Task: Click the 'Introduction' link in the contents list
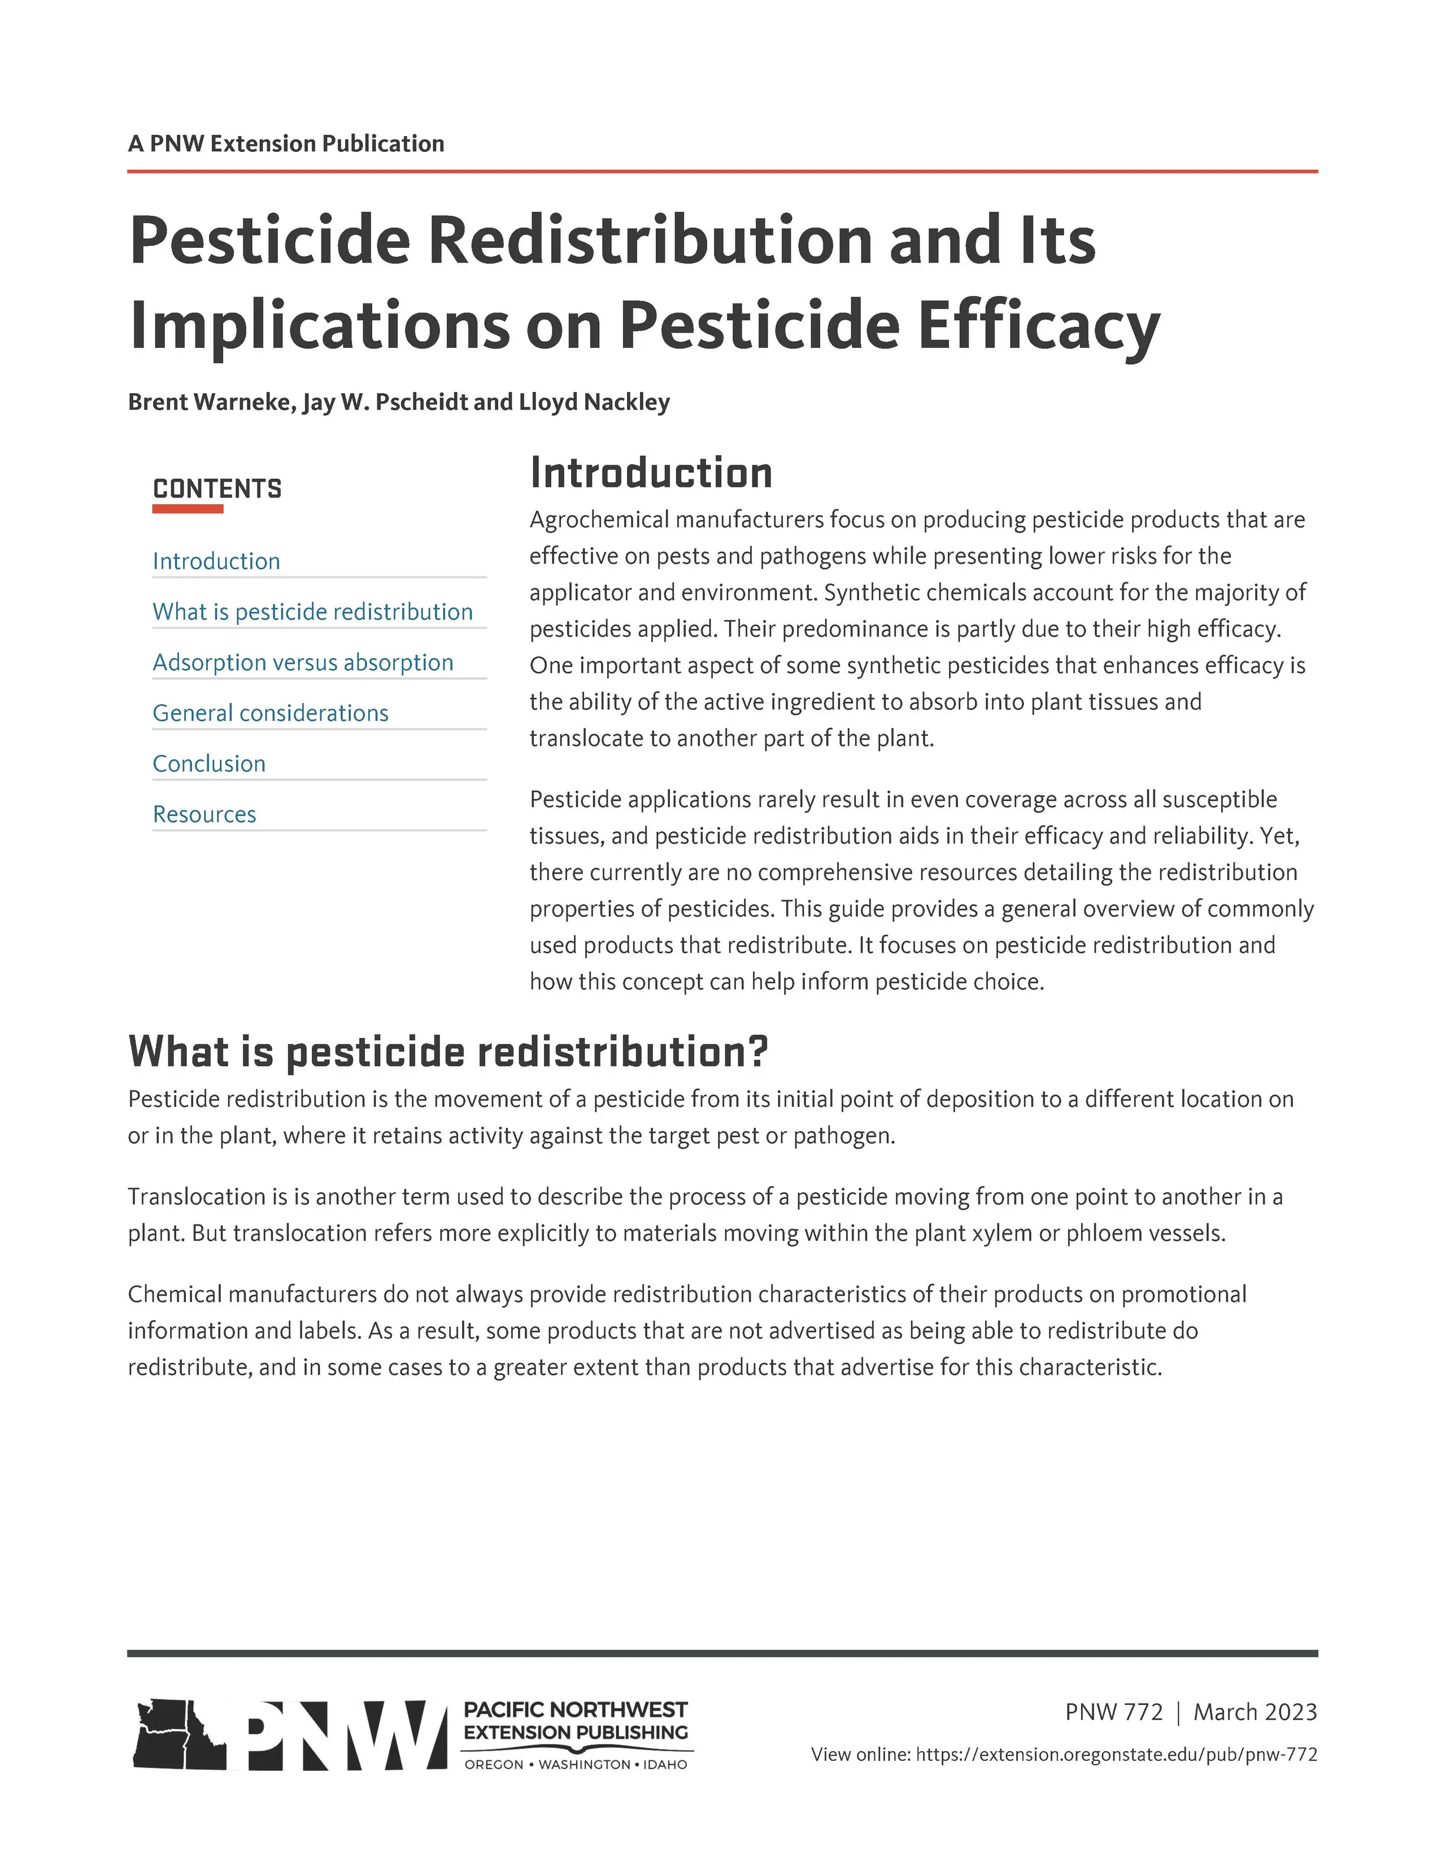pyautogui.click(x=216, y=561)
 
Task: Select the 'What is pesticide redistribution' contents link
pyautogui.click(x=313, y=612)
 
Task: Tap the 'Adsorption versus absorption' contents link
pyautogui.click(x=302, y=662)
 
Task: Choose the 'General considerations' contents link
pyautogui.click(x=270, y=713)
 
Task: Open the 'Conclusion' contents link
pyautogui.click(x=209, y=764)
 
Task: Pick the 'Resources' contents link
pyautogui.click(x=204, y=814)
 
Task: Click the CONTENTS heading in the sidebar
pyautogui.click(x=217, y=489)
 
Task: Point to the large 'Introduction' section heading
pyautogui.click(x=651, y=473)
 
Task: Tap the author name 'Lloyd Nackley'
pyautogui.click(x=595, y=402)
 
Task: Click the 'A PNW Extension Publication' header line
pyautogui.click(x=286, y=143)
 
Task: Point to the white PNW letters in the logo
pyautogui.click(x=338, y=1733)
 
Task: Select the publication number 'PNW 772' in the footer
pyautogui.click(x=1114, y=1712)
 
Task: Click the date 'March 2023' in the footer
pyautogui.click(x=1255, y=1712)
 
